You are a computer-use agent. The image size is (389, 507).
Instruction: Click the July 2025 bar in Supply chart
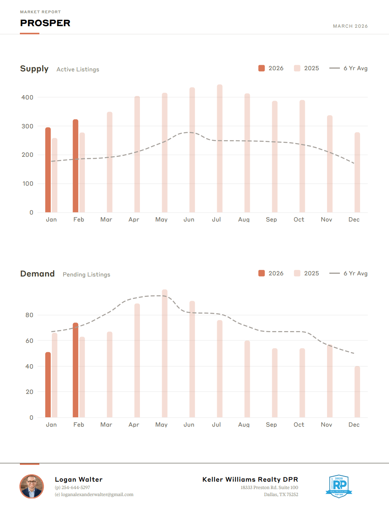click(220, 148)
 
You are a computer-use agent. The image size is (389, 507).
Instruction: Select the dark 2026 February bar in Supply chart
click(75, 166)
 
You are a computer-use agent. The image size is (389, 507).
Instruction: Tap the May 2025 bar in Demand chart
click(164, 353)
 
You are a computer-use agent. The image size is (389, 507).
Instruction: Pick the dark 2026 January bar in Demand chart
click(48, 385)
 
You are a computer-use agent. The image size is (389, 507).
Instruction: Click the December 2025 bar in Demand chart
click(357, 392)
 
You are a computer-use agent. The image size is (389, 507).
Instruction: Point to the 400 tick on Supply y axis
click(27, 97)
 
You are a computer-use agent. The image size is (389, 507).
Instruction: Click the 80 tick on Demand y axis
click(29, 315)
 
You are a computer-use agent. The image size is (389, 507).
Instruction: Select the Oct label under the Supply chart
click(299, 220)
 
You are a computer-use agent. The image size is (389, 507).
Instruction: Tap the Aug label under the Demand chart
click(244, 425)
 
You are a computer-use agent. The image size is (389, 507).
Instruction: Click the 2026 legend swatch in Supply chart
click(262, 68)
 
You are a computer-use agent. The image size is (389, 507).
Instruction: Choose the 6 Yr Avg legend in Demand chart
click(348, 273)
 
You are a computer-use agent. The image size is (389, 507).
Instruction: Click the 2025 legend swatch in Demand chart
click(297, 273)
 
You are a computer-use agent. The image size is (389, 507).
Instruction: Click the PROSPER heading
click(45, 23)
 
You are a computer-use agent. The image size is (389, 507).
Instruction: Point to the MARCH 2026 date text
click(350, 26)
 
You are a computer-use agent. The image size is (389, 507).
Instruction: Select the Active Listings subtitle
click(78, 69)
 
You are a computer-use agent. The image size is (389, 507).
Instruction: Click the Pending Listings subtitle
click(87, 275)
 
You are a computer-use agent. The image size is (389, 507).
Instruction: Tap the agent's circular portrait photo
click(32, 486)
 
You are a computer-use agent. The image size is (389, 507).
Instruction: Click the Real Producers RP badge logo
click(339, 486)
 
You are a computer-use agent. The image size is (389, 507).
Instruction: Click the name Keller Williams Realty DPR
click(250, 479)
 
